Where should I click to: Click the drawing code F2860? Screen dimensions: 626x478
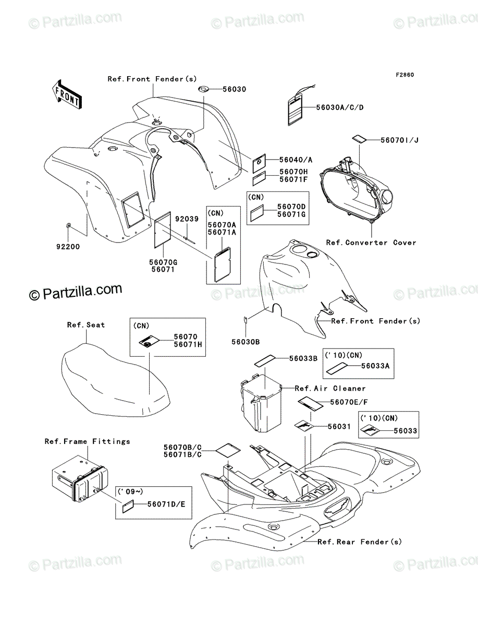tap(404, 75)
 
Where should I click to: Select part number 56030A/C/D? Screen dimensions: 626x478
tap(339, 107)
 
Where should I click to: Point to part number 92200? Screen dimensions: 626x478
tap(69, 247)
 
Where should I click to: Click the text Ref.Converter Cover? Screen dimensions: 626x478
tap(371, 243)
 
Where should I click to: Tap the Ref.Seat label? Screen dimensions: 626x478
tap(85, 324)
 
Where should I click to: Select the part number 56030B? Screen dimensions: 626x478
tap(246, 342)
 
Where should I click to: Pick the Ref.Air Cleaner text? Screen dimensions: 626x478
tap(330, 388)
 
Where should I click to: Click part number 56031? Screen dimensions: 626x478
tap(339, 426)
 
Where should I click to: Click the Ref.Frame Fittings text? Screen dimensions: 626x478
tap(87, 441)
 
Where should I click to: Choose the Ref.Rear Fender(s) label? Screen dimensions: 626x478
tap(360, 542)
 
